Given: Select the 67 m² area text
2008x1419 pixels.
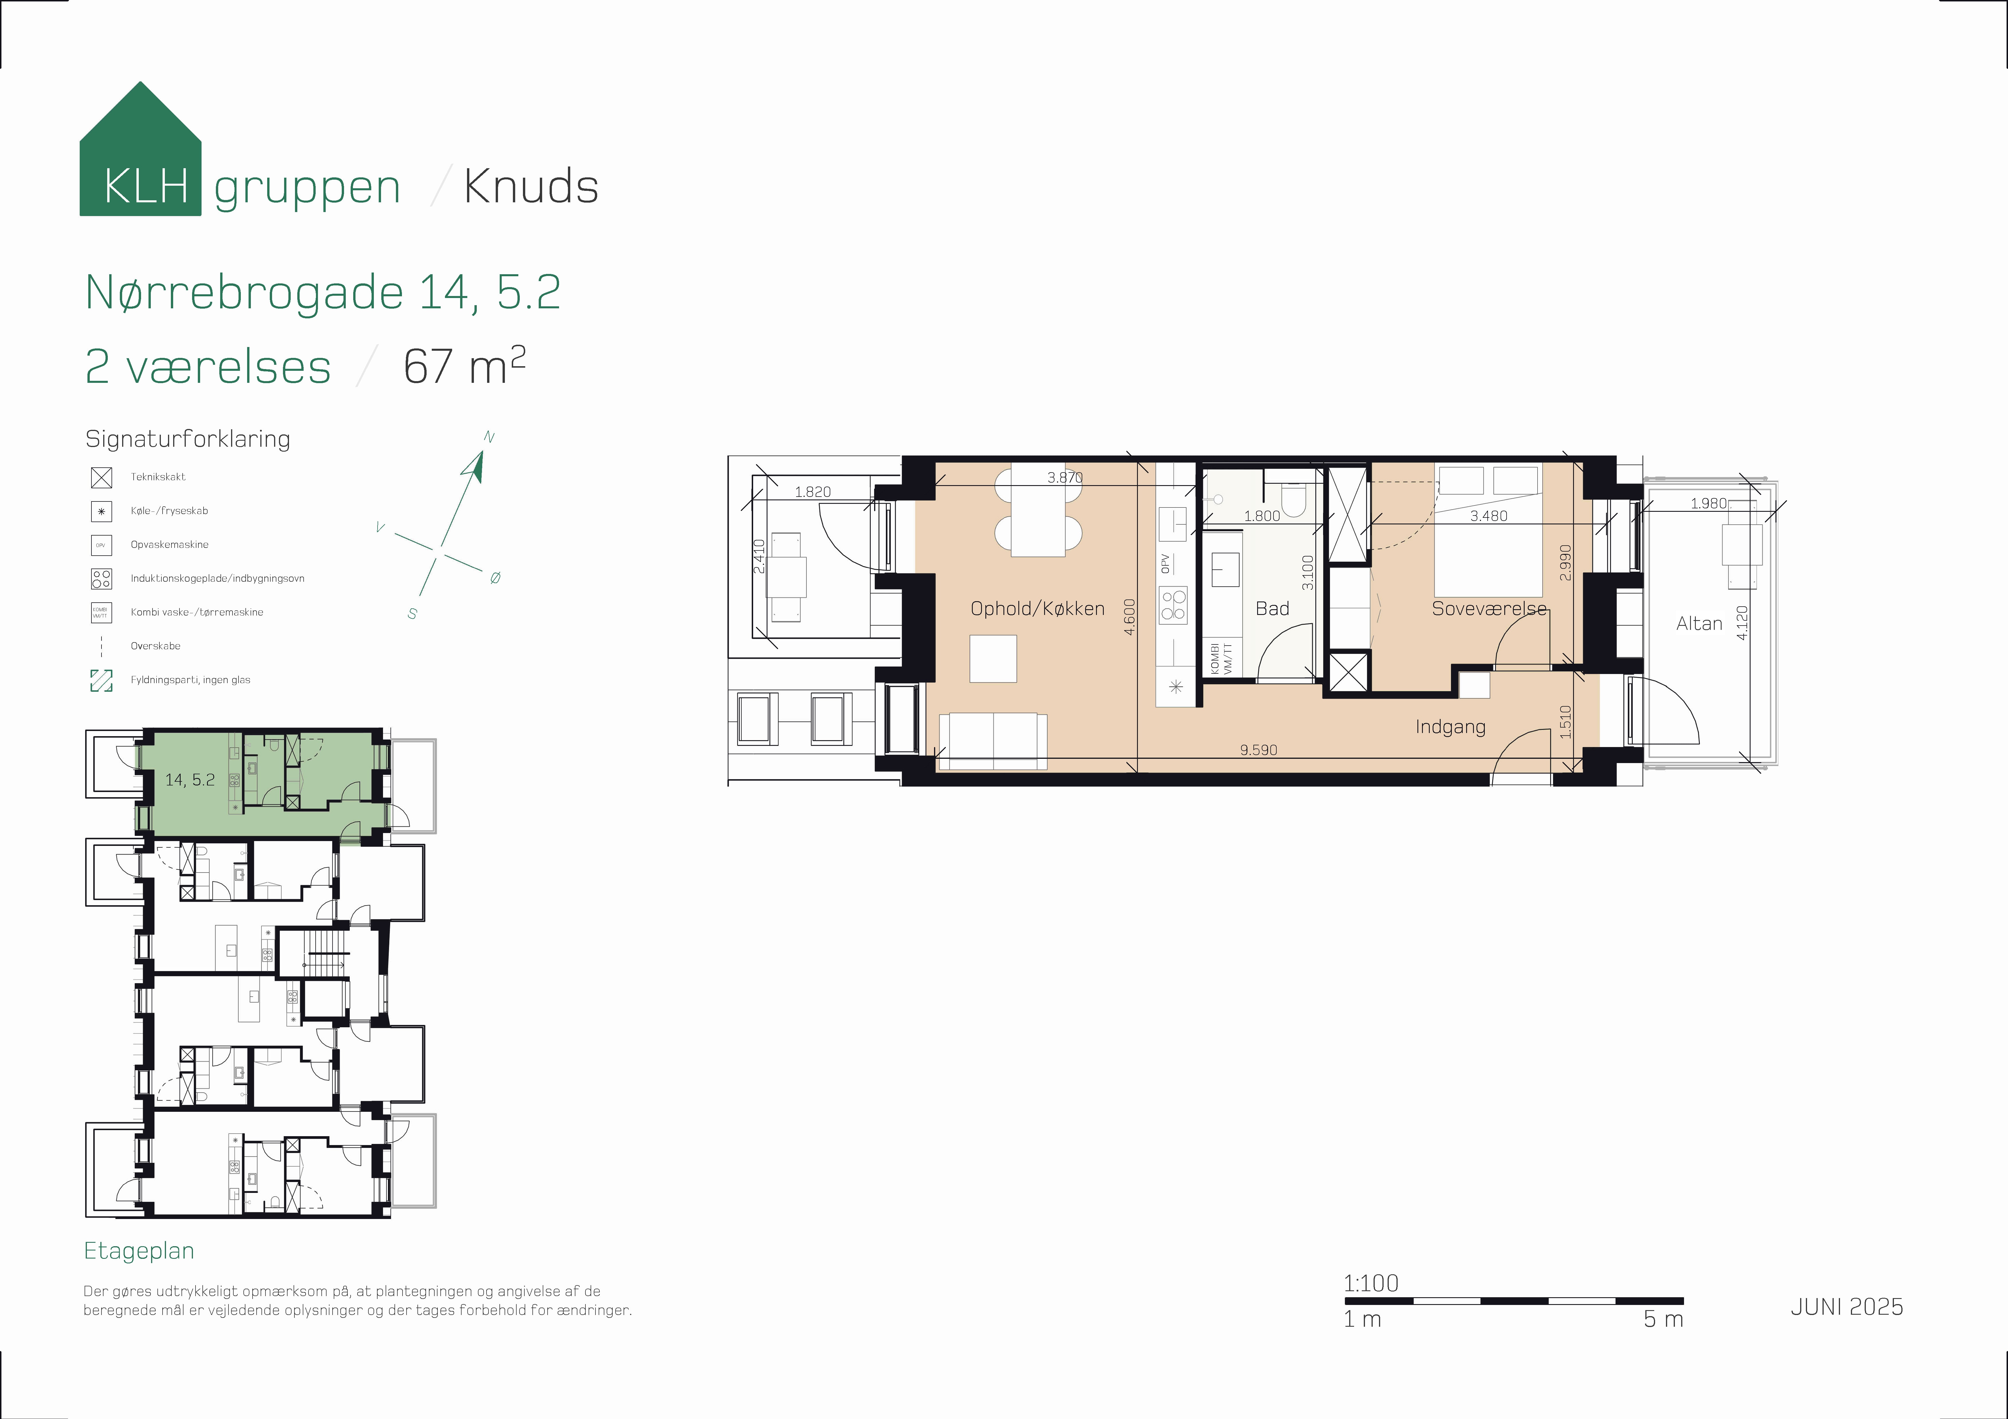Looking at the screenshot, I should click(464, 366).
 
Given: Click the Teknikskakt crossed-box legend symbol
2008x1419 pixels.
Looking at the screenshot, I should click(101, 477).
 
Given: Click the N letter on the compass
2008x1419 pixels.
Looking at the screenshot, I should click(489, 437).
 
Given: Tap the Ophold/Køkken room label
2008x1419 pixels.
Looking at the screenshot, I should click(1037, 609).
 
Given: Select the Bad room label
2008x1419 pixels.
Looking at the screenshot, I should click(1271, 609).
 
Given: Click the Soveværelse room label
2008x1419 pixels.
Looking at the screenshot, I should click(1489, 609).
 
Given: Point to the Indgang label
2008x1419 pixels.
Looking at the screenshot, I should click(1450, 726).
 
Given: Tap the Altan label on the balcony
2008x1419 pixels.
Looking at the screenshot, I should click(1698, 623).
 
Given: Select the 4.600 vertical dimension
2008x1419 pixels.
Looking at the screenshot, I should click(1129, 616).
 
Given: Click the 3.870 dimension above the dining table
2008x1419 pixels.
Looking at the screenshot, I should click(1064, 477).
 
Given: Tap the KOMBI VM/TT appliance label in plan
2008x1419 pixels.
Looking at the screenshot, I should click(1221, 658).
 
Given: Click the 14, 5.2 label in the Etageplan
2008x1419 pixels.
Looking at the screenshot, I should click(190, 780).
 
